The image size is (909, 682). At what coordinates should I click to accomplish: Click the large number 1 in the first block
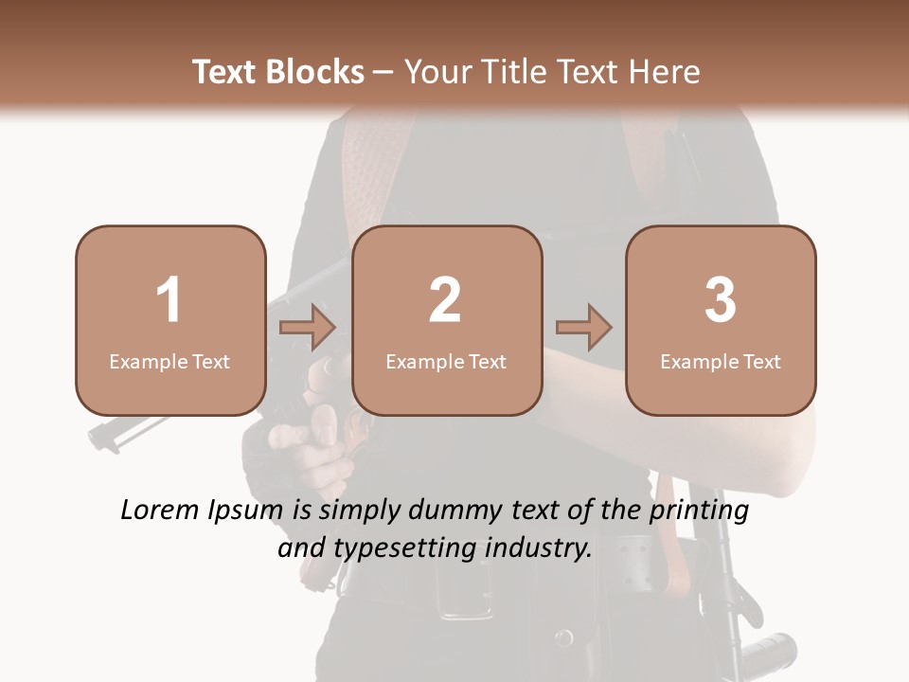click(169, 300)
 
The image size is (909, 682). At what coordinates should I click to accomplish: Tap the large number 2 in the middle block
click(445, 300)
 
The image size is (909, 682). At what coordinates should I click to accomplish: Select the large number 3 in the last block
click(721, 300)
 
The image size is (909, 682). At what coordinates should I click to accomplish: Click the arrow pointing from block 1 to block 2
click(308, 328)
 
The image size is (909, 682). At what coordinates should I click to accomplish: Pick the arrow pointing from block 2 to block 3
click(583, 328)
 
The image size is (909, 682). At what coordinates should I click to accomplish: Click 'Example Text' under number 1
click(169, 361)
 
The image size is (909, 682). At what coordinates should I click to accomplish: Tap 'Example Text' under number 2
click(446, 361)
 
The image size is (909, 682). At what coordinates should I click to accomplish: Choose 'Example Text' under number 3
click(721, 361)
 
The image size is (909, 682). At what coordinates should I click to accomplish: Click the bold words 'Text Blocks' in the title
click(277, 72)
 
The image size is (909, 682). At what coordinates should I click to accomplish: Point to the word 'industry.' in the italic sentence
click(539, 548)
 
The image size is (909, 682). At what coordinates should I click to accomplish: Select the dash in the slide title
click(383, 72)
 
